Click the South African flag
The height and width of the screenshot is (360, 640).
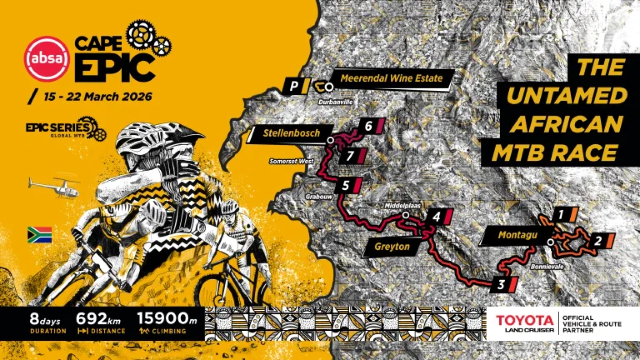coord(40,235)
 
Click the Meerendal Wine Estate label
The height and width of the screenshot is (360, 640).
coord(391,78)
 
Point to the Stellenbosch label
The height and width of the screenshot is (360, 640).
coord(291,133)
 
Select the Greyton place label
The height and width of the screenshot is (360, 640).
coord(392,247)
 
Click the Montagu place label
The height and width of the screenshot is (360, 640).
coord(517,235)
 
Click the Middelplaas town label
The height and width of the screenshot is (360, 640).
coord(402,206)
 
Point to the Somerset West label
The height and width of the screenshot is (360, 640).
coord(291,161)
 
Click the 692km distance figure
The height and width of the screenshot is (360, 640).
coord(98,319)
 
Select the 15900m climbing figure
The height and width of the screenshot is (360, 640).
coord(167,318)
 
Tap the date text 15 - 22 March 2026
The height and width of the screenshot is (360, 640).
coord(98,96)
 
